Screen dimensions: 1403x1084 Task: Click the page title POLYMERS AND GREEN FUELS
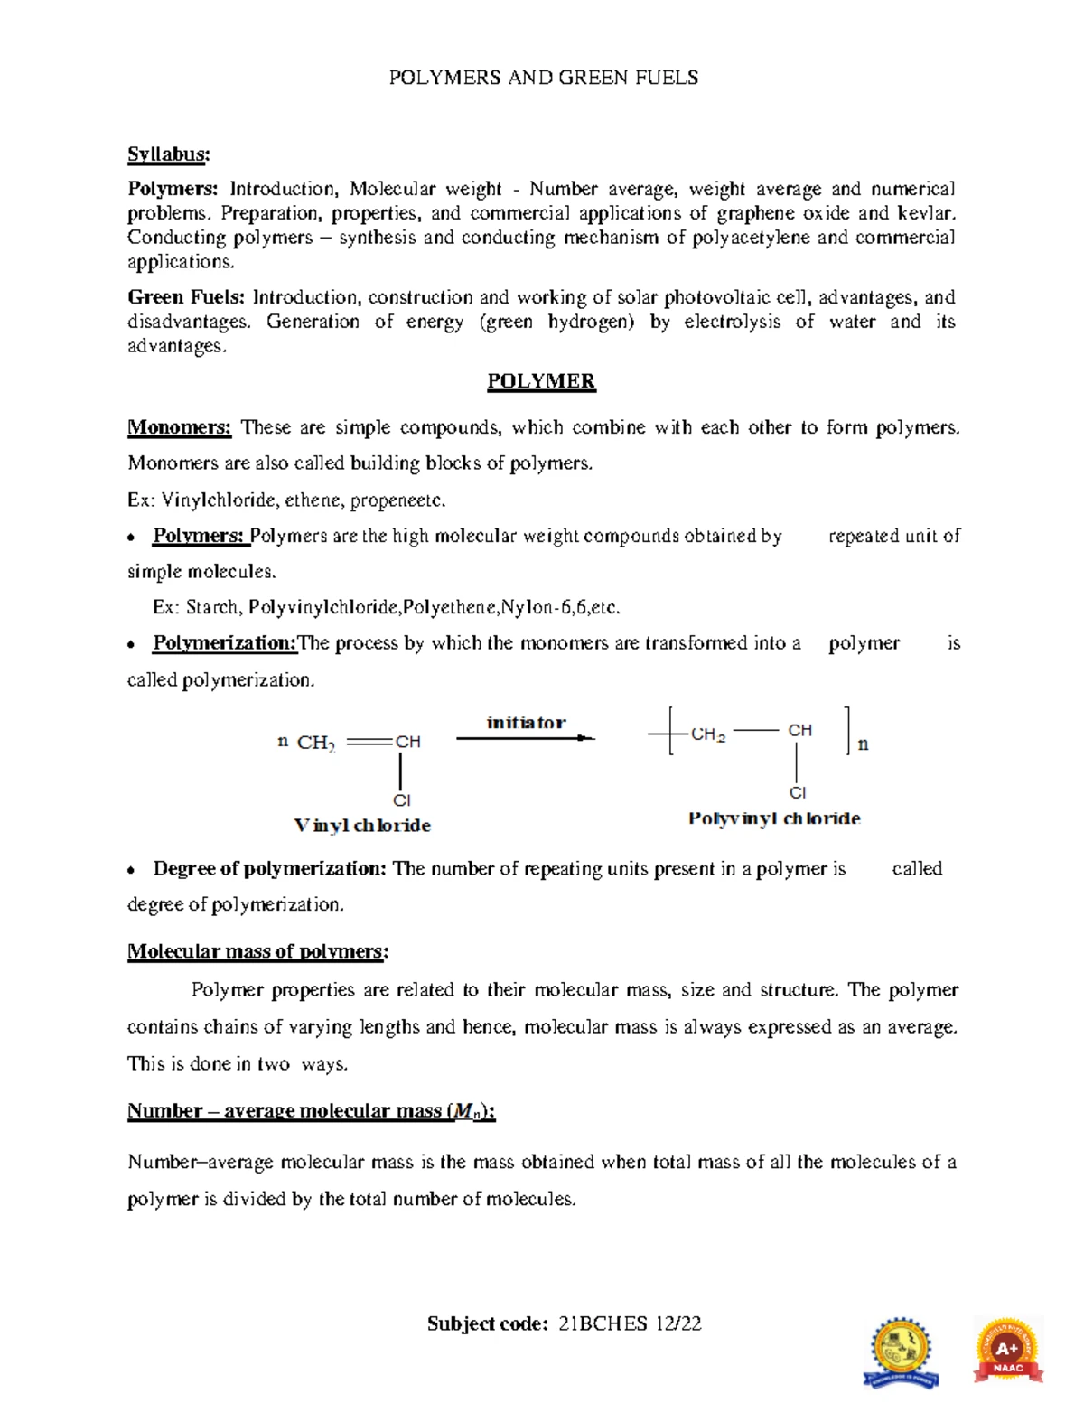[543, 78]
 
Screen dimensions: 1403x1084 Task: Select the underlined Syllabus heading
[168, 154]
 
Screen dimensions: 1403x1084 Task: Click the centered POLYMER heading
[541, 381]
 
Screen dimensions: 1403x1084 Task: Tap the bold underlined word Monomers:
[180, 427]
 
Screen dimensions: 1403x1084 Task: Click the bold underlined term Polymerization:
[225, 643]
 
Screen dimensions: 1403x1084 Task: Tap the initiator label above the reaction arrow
[526, 722]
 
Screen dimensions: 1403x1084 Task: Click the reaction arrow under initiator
[525, 738]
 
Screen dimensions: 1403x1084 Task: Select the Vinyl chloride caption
[362, 826]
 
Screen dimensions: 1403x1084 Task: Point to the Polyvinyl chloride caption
[774, 818]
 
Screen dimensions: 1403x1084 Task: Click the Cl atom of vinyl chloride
[401, 800]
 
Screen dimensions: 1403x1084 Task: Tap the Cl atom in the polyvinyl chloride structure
[798, 793]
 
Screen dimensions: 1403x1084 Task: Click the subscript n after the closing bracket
[863, 744]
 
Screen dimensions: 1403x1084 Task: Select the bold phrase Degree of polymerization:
[269, 868]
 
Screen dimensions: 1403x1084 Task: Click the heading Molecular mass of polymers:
[257, 951]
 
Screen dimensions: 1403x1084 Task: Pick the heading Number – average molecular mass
[311, 1111]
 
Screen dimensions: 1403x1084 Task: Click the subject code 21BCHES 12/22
[630, 1323]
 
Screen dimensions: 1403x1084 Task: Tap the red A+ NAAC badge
[1007, 1352]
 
